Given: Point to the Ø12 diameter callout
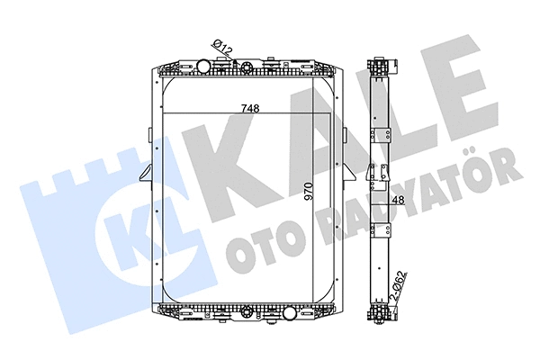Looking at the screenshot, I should pos(222,45).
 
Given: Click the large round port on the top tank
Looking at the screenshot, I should pos(203,66).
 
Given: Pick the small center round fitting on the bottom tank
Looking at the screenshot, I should pos(247,314).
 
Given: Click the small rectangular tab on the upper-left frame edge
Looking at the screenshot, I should pos(148,136).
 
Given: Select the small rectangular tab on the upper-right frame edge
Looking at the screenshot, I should pos(346,136).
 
